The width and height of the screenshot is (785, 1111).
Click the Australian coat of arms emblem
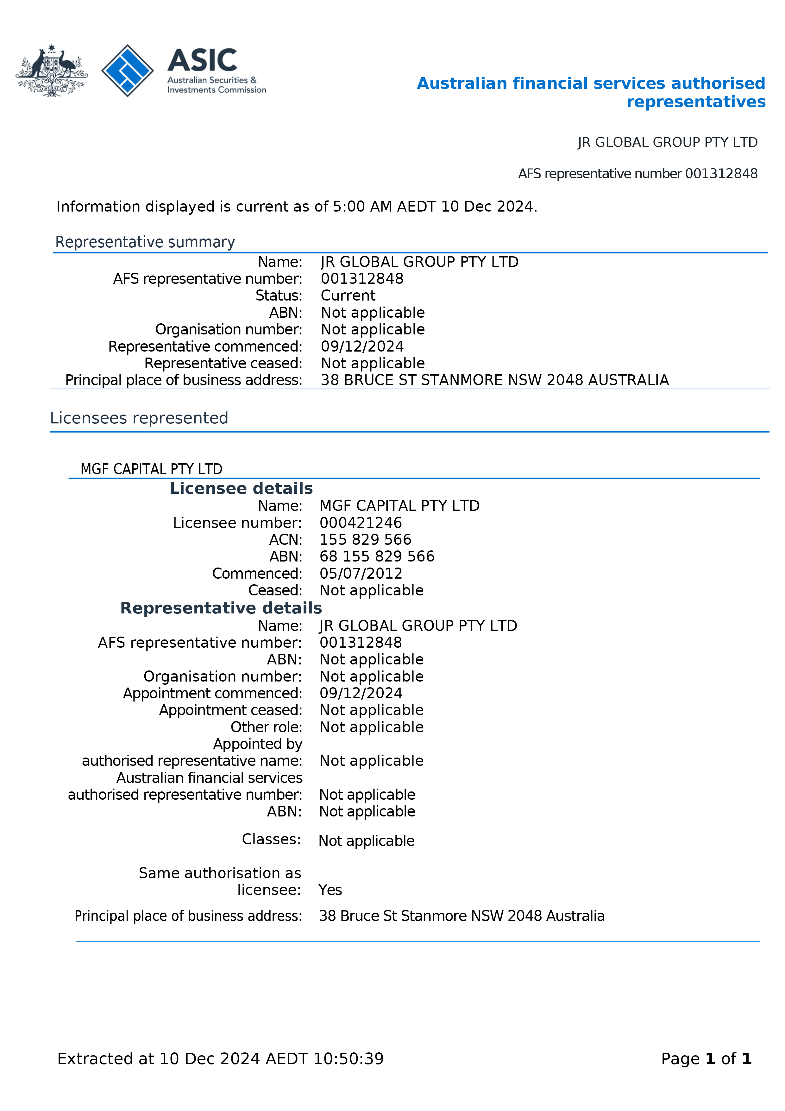click(x=51, y=71)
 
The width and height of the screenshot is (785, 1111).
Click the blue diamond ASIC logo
click(x=127, y=71)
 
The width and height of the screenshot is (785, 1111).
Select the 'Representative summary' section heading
click(x=145, y=242)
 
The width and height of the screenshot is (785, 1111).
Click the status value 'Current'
click(x=348, y=296)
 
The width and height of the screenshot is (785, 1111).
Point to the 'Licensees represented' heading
click(x=139, y=418)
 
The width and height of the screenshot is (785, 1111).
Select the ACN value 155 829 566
click(x=365, y=540)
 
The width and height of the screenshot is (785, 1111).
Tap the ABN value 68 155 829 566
click(x=377, y=556)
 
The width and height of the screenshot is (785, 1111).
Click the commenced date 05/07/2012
click(x=361, y=574)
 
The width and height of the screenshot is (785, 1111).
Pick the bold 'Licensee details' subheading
click(x=241, y=488)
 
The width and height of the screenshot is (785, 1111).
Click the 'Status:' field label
click(x=279, y=296)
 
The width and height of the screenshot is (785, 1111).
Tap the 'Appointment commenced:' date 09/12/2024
click(x=361, y=693)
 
